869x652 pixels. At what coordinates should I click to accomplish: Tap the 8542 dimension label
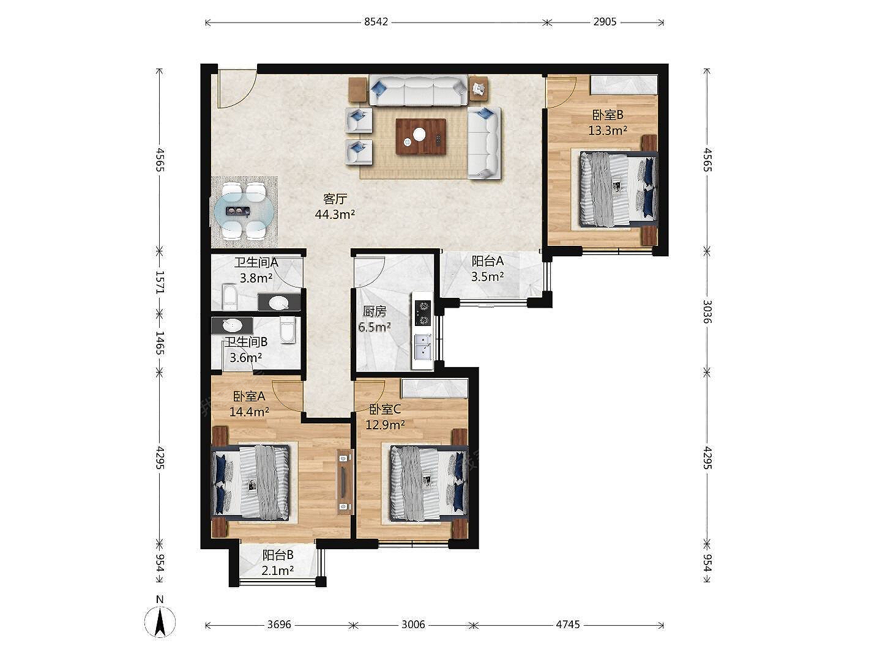coord(376,22)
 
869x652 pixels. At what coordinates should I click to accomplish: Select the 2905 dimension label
coord(605,22)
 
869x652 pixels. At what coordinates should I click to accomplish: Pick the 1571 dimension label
coord(160,282)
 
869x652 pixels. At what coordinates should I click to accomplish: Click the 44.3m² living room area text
coord(335,215)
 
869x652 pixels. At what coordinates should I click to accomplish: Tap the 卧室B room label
coord(608,115)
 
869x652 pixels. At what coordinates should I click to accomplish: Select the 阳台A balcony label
coord(487,261)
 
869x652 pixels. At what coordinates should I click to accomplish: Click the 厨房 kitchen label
coord(374,312)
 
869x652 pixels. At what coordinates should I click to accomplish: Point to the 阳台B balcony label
coord(277,555)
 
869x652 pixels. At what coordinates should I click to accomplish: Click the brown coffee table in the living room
coord(421,136)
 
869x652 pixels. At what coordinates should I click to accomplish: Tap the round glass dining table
coord(244,211)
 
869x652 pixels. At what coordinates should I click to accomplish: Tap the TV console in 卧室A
coord(345,481)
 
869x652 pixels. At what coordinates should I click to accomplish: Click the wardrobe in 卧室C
coord(434,388)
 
